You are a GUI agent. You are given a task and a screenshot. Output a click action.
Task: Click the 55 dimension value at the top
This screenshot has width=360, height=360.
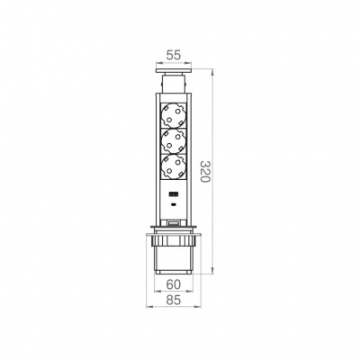click(174, 56)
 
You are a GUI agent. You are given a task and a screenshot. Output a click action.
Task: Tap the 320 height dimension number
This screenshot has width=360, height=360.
click(205, 172)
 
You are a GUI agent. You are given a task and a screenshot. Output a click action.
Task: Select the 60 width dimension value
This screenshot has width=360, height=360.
click(174, 284)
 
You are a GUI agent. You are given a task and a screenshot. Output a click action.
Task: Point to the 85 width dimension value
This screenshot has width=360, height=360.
click(174, 300)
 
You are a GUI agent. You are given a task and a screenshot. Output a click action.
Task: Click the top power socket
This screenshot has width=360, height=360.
click(174, 116)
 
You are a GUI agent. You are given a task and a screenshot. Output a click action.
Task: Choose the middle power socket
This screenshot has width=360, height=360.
click(174, 141)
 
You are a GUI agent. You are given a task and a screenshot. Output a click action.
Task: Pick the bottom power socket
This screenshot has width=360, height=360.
click(174, 166)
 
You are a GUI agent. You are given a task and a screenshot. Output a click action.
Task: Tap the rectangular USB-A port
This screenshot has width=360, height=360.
click(173, 194)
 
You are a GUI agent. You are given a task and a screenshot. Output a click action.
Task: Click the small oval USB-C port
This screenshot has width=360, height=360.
click(173, 205)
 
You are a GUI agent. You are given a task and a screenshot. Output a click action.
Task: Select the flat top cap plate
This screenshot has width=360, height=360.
click(174, 71)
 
